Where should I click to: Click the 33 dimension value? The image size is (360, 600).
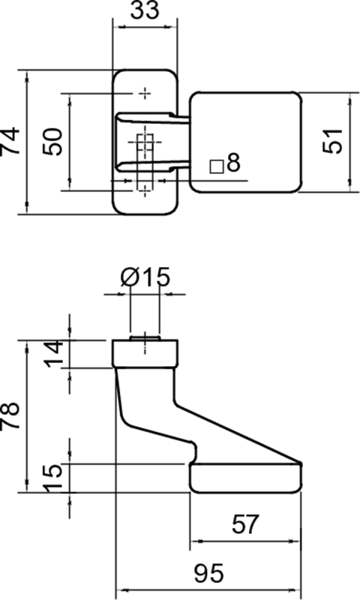coord(144,10)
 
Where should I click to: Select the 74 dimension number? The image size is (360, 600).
coord(10,141)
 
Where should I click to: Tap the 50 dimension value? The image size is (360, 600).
coord(52,142)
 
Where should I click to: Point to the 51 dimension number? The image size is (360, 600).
coord(332,141)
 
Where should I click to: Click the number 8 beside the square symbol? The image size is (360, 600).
coord(233,162)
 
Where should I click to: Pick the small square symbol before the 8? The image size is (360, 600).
coord(217,167)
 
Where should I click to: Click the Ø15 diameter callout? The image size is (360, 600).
coord(145,277)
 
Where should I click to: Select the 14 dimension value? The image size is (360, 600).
coord(53,354)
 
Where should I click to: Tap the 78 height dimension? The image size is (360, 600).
coord(10,416)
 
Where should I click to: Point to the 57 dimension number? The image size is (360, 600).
coord(245,523)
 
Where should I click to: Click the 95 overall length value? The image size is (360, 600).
coord(208,573)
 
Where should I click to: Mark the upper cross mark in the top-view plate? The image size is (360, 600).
coord(145,93)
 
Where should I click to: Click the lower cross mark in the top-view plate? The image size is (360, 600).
coord(145,190)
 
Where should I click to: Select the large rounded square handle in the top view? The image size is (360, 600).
coord(246,142)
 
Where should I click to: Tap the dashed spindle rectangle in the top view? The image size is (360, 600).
coord(145,161)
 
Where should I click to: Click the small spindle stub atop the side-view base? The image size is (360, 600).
coord(145,338)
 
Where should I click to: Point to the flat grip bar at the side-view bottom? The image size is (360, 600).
coord(246,478)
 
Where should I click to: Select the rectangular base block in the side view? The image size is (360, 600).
coord(145,353)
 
